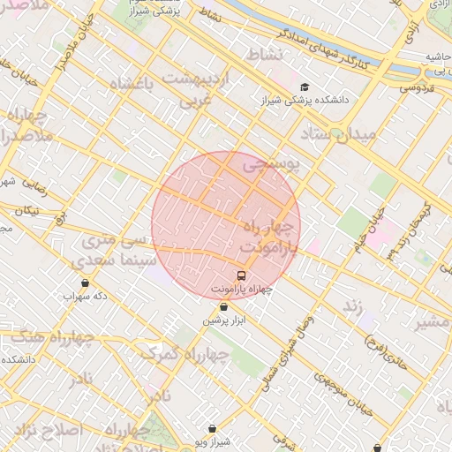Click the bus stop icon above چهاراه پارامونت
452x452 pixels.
click(242, 275)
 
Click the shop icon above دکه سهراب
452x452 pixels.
click(85, 283)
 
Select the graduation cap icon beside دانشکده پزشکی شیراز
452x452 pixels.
click(305, 87)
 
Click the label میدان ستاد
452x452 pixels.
click(338, 134)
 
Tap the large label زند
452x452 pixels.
click(352, 306)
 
